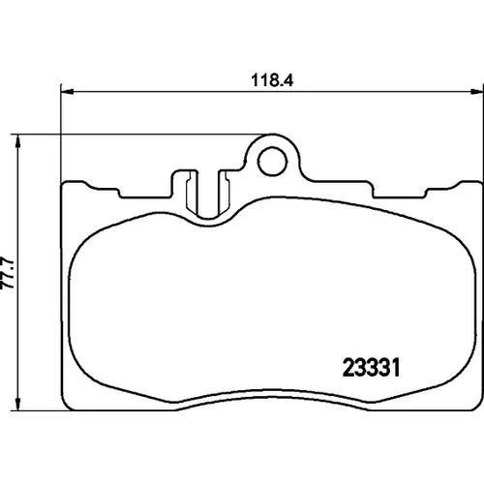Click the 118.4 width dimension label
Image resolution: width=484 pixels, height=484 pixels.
pyautogui.click(x=272, y=80)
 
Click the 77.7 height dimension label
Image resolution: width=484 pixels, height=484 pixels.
pyautogui.click(x=8, y=273)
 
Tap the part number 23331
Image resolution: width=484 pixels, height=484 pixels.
pyautogui.click(x=371, y=368)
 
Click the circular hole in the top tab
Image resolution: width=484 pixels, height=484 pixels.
pyautogui.click(x=273, y=162)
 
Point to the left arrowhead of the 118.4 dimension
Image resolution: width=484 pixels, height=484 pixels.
pyautogui.click(x=68, y=92)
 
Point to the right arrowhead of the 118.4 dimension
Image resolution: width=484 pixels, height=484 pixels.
pyautogui.click(x=477, y=92)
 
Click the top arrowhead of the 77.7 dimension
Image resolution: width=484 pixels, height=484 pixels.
pyautogui.click(x=18, y=141)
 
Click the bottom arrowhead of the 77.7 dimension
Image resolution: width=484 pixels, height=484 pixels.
pyautogui.click(x=18, y=404)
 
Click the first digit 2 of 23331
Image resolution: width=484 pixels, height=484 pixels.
pyautogui.click(x=348, y=368)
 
